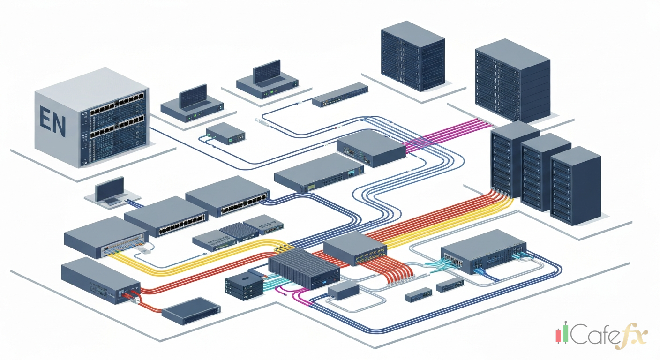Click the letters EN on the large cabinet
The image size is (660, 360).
[52, 120]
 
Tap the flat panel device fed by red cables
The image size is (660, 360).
[191, 310]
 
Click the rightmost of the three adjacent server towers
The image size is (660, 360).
[575, 185]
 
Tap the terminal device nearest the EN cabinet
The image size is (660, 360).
[192, 105]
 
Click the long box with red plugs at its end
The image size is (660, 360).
[100, 280]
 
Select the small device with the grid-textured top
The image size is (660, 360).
[239, 229]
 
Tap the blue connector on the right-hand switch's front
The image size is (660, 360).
[479, 271]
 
